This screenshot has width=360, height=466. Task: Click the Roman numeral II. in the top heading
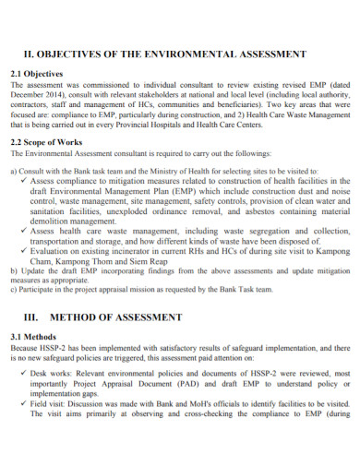click(29, 55)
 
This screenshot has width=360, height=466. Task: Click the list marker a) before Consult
click(14, 173)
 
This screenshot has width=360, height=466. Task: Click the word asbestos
click(248, 210)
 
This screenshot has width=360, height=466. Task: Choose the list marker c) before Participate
click(14, 299)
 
